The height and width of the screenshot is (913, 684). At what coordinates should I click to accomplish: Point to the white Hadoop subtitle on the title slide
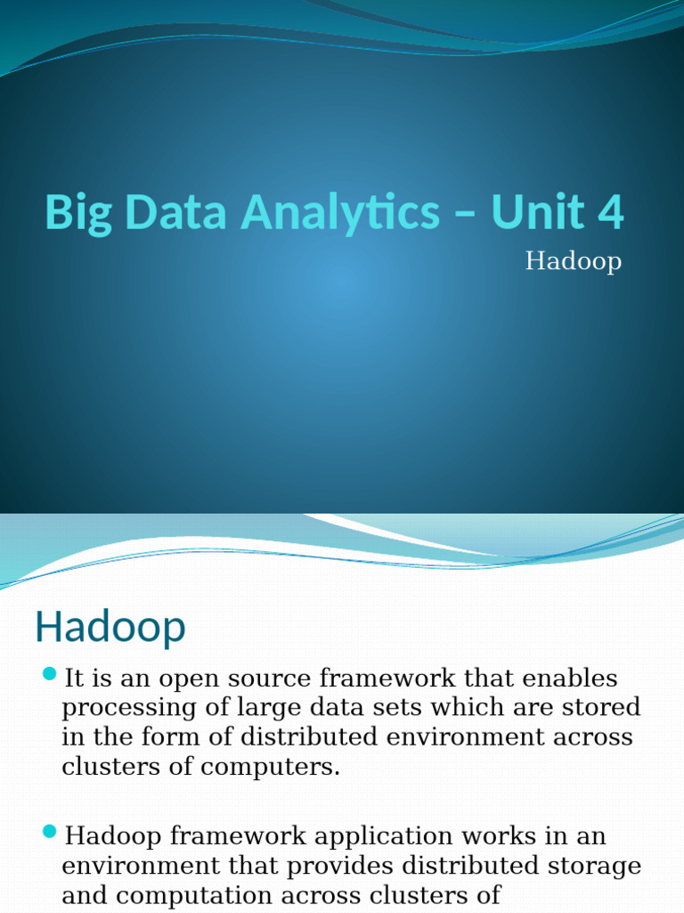(x=573, y=261)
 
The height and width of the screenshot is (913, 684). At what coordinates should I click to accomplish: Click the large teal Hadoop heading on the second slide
(x=110, y=628)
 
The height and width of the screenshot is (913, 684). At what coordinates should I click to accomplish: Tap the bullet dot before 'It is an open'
(x=49, y=673)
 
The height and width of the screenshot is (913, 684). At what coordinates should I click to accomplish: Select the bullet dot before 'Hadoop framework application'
(x=49, y=832)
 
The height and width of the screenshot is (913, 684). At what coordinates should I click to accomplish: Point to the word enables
(x=570, y=678)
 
